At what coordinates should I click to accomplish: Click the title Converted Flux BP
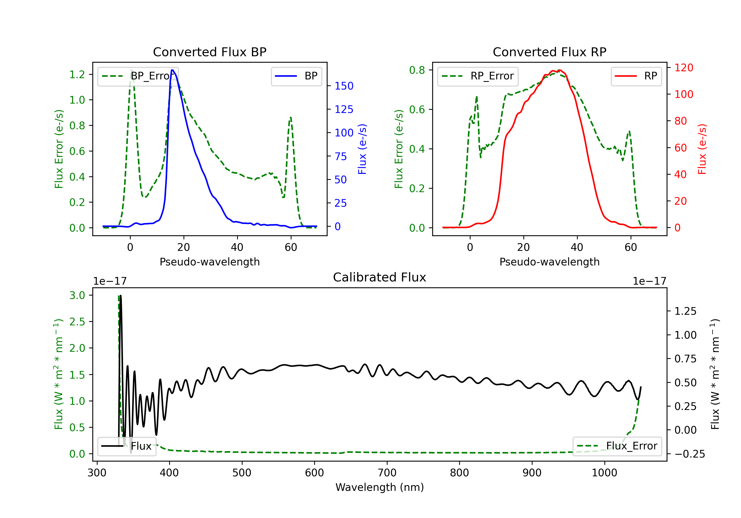click(210, 52)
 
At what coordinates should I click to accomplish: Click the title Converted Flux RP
click(550, 52)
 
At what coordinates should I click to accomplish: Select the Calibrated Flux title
click(380, 277)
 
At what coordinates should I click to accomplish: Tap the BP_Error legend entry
click(138, 76)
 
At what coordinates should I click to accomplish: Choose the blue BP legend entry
click(296, 76)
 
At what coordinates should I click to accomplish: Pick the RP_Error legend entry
click(478, 76)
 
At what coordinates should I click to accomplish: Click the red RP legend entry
click(636, 76)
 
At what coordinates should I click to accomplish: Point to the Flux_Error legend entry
click(617, 446)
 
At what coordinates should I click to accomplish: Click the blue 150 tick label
click(344, 86)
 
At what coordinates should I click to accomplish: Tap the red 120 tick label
click(684, 68)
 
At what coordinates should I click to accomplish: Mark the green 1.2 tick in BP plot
click(77, 74)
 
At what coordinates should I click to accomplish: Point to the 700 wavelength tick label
click(387, 473)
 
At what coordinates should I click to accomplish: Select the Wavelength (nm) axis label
click(380, 487)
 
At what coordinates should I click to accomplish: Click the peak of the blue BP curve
click(173, 70)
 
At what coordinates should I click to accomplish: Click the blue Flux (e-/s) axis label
click(362, 149)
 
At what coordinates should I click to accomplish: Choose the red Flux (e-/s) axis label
click(702, 149)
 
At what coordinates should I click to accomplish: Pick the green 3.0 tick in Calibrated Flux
click(77, 295)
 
